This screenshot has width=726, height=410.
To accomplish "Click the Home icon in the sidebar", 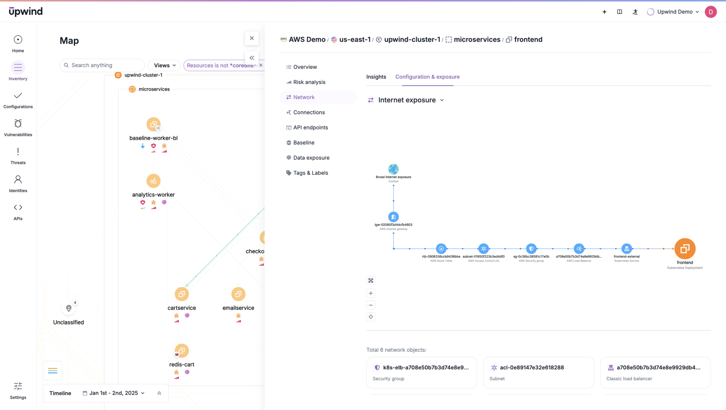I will click(18, 39).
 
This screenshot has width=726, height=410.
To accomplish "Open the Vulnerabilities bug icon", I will click(18, 123).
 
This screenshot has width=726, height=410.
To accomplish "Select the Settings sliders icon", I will click(18, 386).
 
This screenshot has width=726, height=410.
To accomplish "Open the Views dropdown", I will click(164, 65).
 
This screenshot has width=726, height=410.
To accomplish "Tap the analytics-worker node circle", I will click(153, 181).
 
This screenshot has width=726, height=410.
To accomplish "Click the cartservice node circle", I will click(181, 294).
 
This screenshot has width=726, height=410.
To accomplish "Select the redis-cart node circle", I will click(181, 351).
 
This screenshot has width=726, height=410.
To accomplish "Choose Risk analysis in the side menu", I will click(309, 82).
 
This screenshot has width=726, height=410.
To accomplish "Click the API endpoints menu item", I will click(311, 127).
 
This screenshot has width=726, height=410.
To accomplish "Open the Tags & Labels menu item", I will click(311, 173).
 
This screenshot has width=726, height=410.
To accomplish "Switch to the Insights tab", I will click(376, 77).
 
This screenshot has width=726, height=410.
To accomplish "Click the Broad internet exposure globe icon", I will click(393, 169).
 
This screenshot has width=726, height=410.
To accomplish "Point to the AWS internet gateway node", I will click(393, 217).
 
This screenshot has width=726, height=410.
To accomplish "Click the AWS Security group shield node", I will click(531, 249).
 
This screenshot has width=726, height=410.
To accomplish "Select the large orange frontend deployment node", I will click(685, 249).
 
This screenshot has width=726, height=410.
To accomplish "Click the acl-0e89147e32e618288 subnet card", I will click(538, 372).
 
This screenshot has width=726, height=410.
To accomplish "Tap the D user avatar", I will click(710, 12).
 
